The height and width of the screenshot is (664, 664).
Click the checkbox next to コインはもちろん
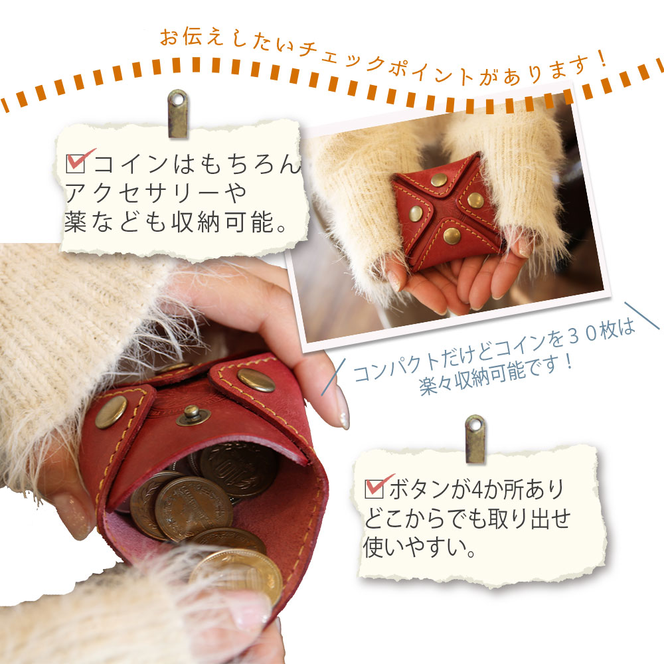76,163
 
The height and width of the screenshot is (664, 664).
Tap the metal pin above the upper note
178,114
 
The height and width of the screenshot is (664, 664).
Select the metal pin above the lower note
475,439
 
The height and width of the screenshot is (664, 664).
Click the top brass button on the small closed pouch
439,180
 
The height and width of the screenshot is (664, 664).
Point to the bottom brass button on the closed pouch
452,236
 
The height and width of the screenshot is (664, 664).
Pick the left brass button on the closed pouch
416,213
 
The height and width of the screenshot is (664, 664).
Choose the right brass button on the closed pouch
475,200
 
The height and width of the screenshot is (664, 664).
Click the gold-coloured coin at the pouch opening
237,576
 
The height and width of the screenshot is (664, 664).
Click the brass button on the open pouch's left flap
111,412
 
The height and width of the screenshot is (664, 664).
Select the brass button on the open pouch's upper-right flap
256,380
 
